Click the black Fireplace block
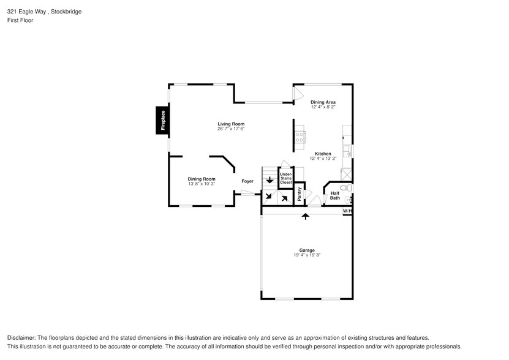(x=162, y=120)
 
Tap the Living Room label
(x=230, y=124)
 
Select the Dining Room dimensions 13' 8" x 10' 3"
(x=201, y=184)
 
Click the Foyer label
(x=247, y=181)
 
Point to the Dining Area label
(x=323, y=102)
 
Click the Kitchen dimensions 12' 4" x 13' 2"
(x=323, y=159)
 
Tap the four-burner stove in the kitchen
(x=300, y=137)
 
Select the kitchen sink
(x=347, y=150)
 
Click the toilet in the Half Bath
(x=345, y=188)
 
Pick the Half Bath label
(x=335, y=196)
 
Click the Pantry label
(x=300, y=193)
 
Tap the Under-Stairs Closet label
(x=286, y=178)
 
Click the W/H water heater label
(x=347, y=211)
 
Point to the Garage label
(x=307, y=250)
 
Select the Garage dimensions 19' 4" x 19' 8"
(x=307, y=255)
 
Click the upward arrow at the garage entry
(x=305, y=216)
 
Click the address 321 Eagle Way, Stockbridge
(x=44, y=12)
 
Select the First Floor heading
(x=20, y=20)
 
